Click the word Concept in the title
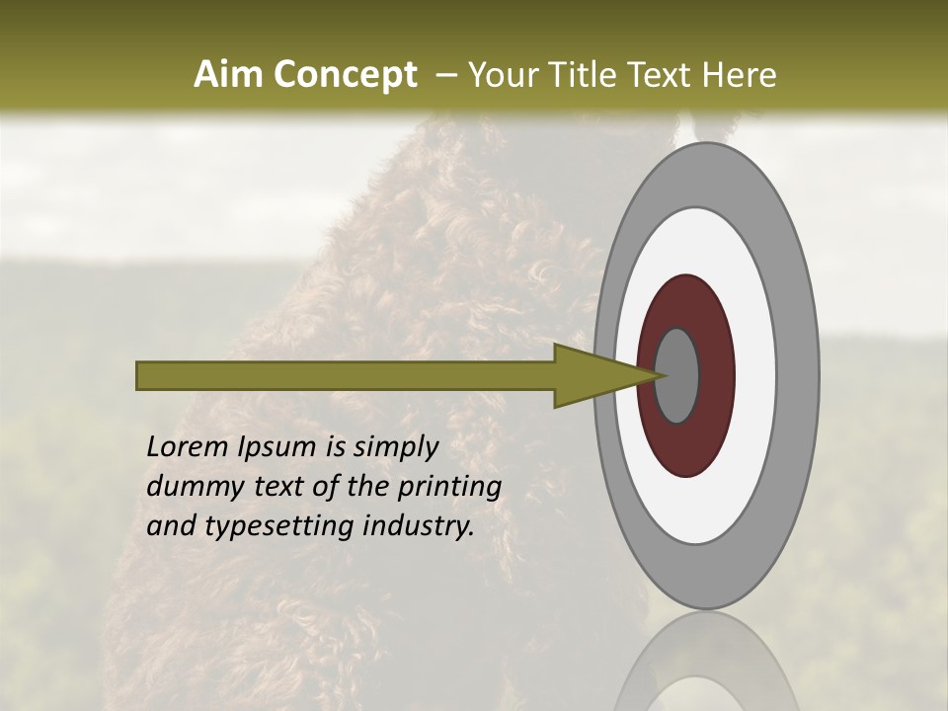point(347,75)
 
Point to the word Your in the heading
point(503,75)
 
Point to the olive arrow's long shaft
point(346,375)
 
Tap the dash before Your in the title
point(446,76)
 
